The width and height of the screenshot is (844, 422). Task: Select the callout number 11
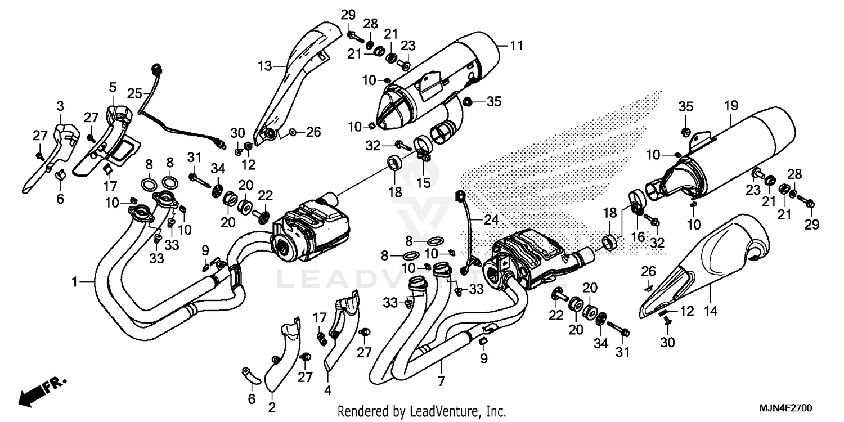tap(517, 45)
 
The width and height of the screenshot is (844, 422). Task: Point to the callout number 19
tap(730, 105)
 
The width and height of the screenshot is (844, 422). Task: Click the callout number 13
tap(264, 66)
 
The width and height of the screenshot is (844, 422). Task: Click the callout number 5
tap(113, 87)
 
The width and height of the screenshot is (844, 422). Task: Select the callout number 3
tap(61, 106)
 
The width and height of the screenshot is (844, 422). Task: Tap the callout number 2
tap(272, 407)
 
